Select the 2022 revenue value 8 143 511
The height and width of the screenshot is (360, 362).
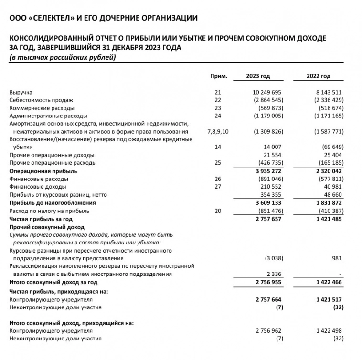point(327,92)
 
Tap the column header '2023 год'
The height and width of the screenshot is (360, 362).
point(258,76)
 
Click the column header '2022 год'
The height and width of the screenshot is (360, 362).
point(319,76)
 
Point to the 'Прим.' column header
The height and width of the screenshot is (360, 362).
point(218,76)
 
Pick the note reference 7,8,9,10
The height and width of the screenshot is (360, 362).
point(218,131)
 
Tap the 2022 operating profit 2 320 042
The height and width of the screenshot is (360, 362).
point(327,171)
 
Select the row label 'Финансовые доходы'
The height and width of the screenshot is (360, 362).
point(38,187)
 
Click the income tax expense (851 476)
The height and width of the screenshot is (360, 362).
point(268,211)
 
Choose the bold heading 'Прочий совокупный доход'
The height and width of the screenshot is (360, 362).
point(47,227)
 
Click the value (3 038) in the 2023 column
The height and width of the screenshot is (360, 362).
point(274,258)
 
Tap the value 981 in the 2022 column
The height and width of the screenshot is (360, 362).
point(338,258)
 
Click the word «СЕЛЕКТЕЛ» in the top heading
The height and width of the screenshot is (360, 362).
point(50,18)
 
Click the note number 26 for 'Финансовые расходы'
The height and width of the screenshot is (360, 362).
point(218,179)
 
